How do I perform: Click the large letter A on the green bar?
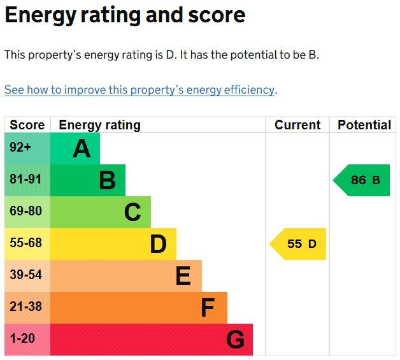(x=82, y=148)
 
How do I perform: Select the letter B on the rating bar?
(x=108, y=180)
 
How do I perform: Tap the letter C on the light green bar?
(x=132, y=212)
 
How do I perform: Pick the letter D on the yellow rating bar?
(x=159, y=244)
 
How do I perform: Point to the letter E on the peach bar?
(x=183, y=275)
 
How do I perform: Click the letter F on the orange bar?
(x=208, y=308)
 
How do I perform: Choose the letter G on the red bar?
(x=236, y=340)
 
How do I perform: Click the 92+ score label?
(x=20, y=147)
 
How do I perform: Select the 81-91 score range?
(x=25, y=179)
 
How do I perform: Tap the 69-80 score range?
(x=25, y=211)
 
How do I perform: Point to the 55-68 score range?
(x=25, y=242)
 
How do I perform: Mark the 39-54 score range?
(x=25, y=275)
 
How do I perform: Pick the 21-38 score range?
(x=25, y=306)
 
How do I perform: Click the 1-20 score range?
(x=22, y=338)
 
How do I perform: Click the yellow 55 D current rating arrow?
(x=297, y=244)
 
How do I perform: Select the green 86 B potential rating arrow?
(x=362, y=180)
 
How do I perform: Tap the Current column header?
(x=297, y=125)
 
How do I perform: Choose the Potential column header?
(x=364, y=125)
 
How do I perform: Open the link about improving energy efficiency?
(x=139, y=90)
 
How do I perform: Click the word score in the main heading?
(x=217, y=15)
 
